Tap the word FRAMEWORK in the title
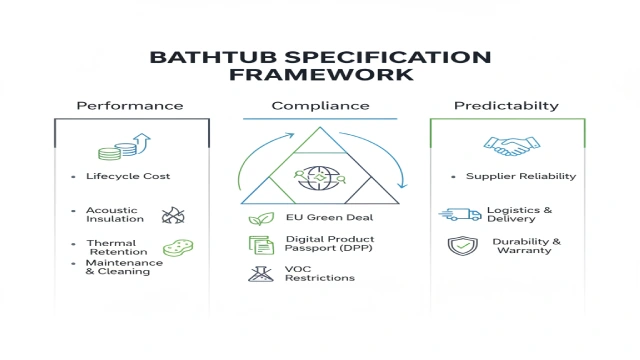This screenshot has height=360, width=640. pos(319,75)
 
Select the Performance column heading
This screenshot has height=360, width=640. pos(130,106)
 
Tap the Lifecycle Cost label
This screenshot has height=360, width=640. pos(127,176)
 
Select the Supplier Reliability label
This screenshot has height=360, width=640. pos(521,176)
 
